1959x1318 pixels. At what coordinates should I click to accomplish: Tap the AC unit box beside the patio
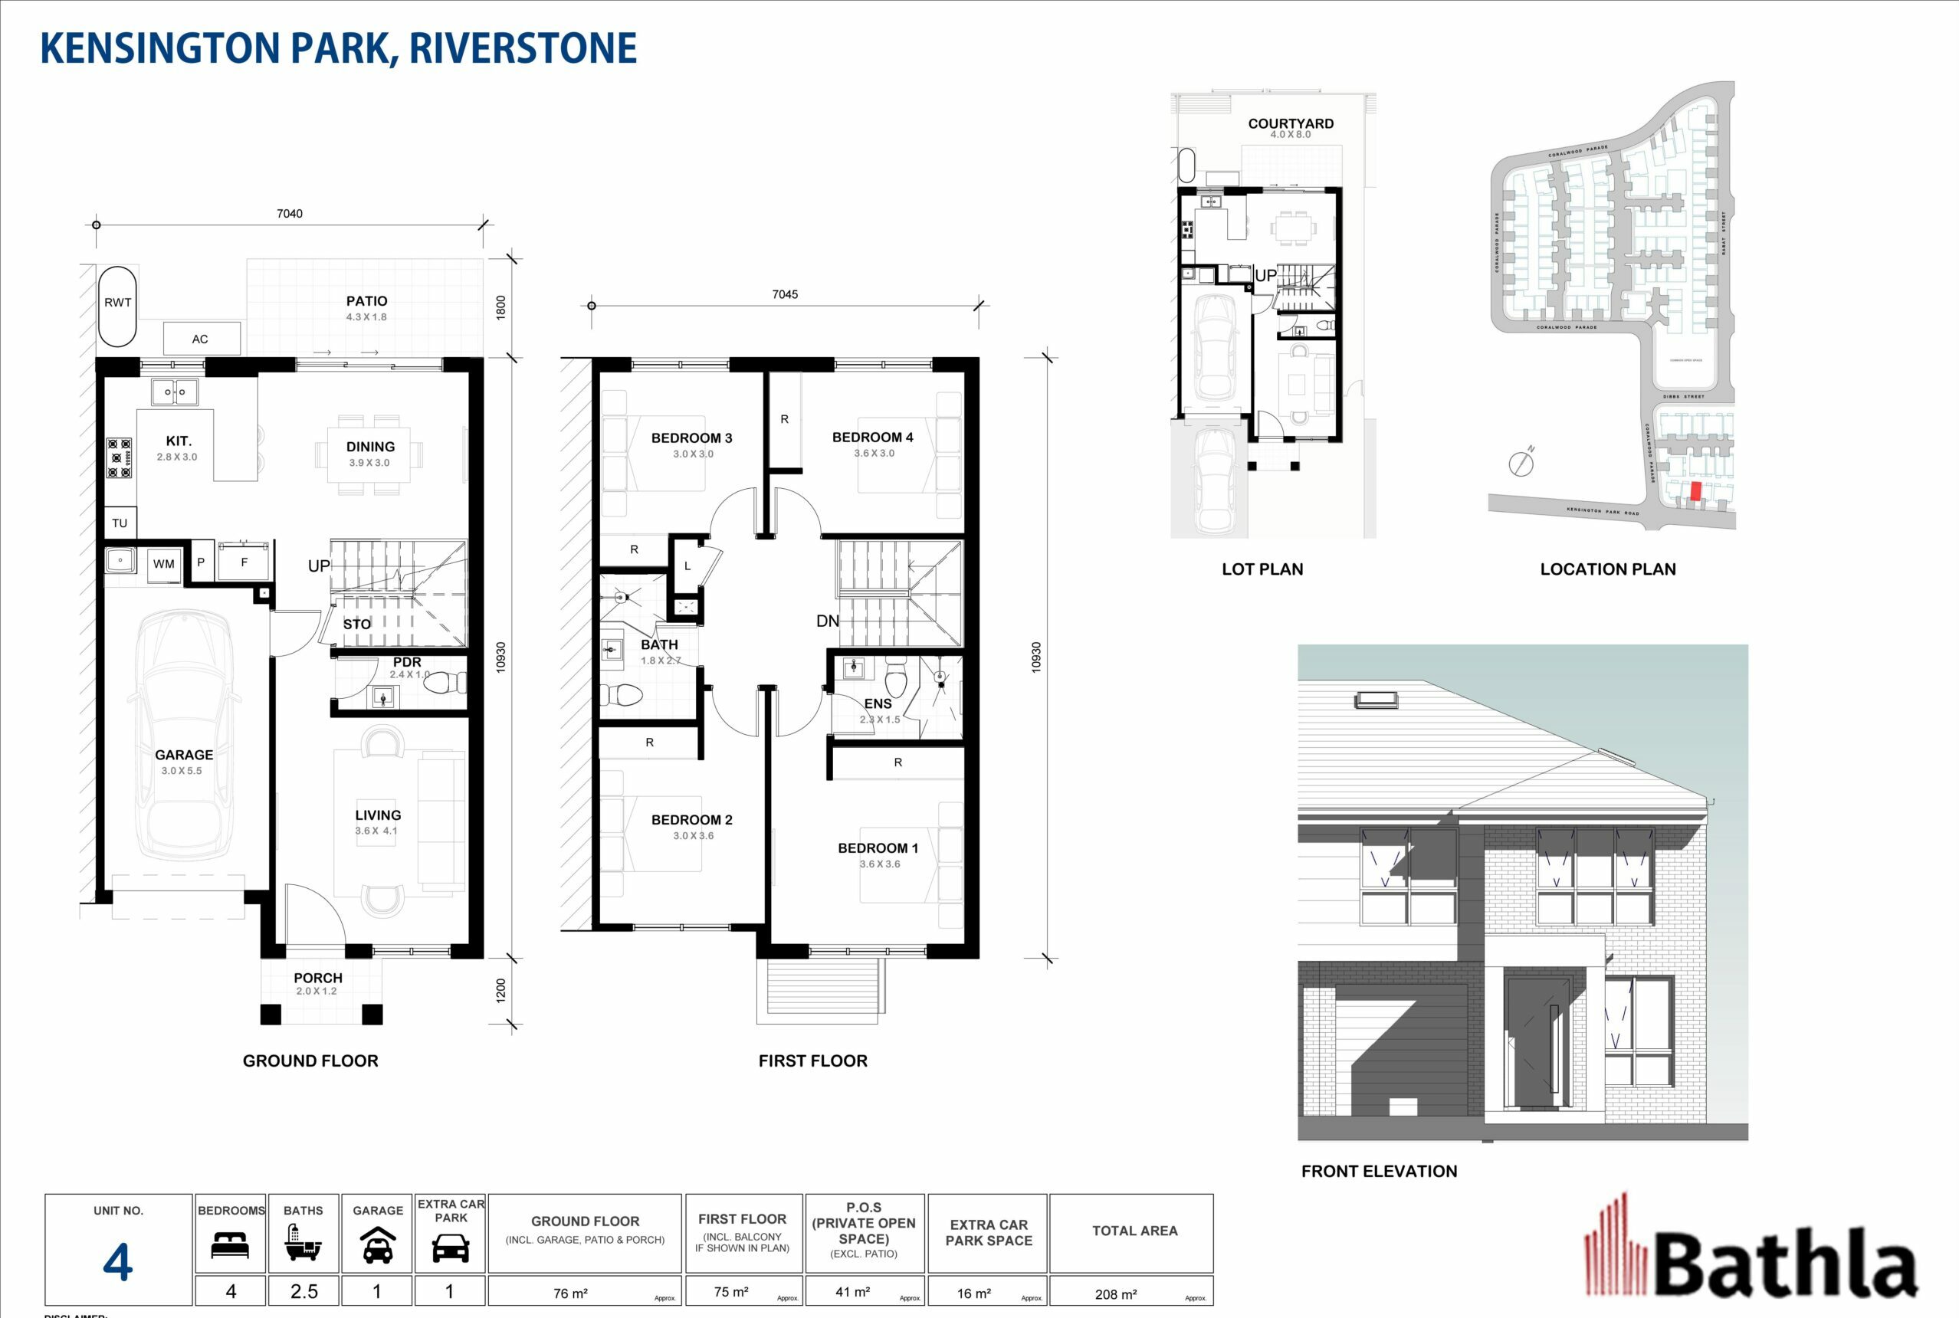[x=201, y=339]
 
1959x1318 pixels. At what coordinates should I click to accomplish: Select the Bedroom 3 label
[x=691, y=438]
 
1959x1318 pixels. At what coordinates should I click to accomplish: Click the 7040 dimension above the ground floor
[x=289, y=214]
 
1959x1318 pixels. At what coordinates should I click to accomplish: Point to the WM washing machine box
[x=164, y=564]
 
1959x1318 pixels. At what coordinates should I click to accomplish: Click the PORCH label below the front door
[x=318, y=979]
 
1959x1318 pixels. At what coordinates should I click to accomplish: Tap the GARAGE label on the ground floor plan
[x=183, y=755]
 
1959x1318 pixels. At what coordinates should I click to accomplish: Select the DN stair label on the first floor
[x=827, y=621]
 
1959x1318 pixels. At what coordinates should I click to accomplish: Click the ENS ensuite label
[x=877, y=703]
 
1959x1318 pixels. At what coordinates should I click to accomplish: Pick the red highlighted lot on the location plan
[x=1695, y=492]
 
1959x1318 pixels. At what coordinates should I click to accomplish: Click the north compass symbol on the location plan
[x=1521, y=463]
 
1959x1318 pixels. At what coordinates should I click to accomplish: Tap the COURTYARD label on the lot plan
[x=1291, y=123]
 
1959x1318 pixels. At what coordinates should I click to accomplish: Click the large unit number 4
[x=118, y=1262]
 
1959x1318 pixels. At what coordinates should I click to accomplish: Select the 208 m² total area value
[x=1116, y=1294]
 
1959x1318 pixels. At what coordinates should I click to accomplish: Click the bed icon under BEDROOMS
[x=231, y=1245]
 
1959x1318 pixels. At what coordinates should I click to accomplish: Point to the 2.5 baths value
[x=304, y=1292]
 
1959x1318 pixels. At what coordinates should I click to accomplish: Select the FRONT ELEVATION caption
[x=1379, y=1171]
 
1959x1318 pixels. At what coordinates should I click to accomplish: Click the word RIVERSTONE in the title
[x=523, y=48]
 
